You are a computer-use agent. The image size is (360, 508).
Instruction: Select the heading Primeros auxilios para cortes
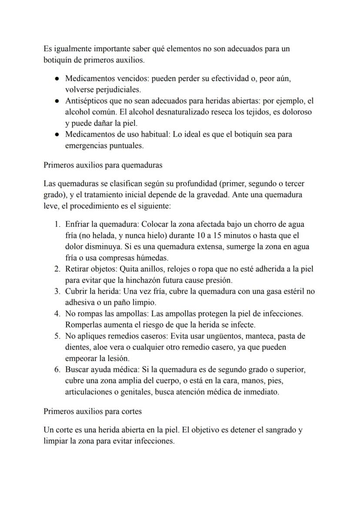[93, 411]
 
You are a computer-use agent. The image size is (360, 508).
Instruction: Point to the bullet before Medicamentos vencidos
[57, 79]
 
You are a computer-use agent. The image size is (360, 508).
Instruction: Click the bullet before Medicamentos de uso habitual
[57, 135]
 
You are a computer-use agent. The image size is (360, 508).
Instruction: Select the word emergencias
[89, 146]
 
